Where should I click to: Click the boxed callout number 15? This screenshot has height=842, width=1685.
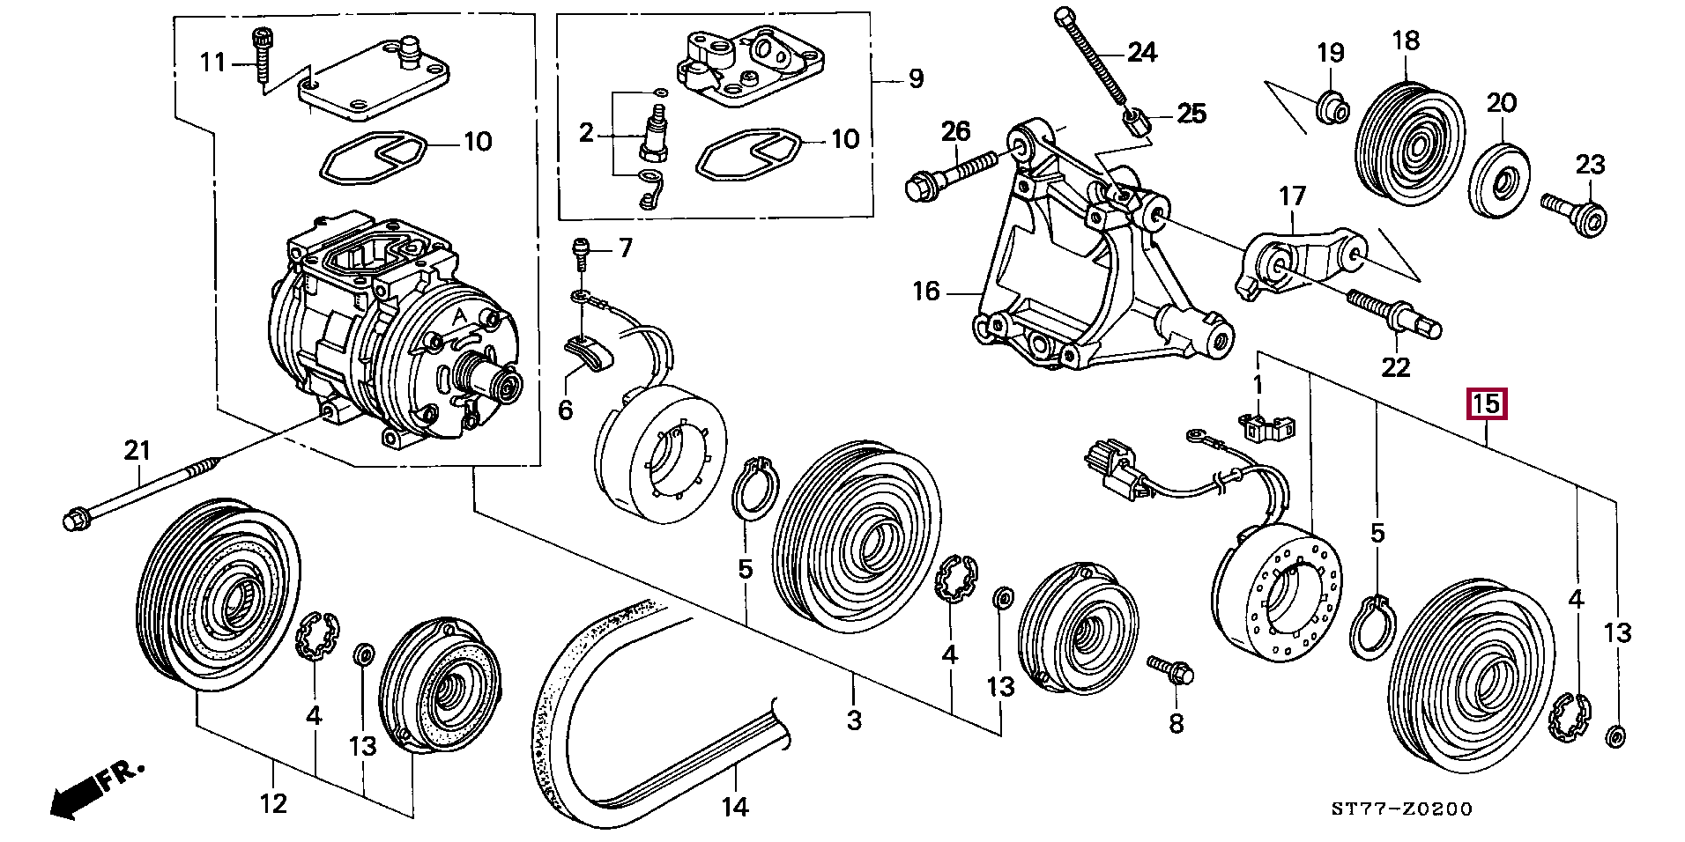tap(1487, 404)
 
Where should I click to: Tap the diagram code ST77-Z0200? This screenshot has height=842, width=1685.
tap(1401, 809)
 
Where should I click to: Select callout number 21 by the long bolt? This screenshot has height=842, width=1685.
tap(137, 452)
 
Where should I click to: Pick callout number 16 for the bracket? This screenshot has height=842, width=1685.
tap(926, 291)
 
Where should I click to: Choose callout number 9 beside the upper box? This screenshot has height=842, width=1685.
tap(916, 78)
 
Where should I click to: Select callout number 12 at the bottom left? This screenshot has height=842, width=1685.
tap(274, 803)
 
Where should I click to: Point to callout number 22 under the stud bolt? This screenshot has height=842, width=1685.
tap(1396, 366)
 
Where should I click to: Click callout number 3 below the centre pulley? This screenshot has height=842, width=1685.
tap(853, 720)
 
